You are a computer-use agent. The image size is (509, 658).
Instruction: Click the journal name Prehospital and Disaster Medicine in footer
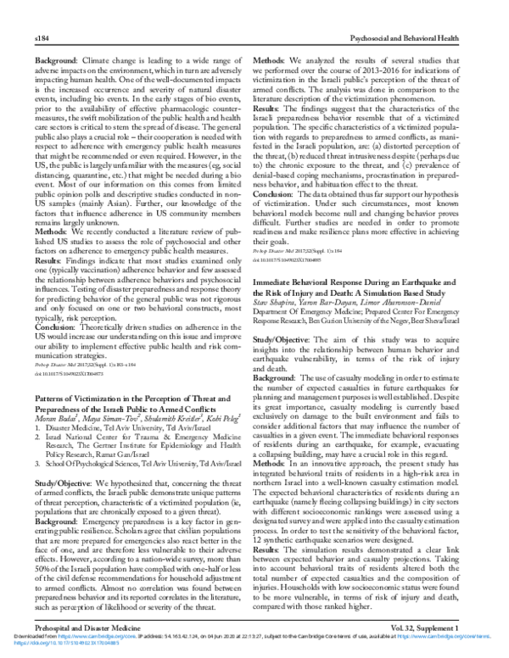[x=81, y=624]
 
